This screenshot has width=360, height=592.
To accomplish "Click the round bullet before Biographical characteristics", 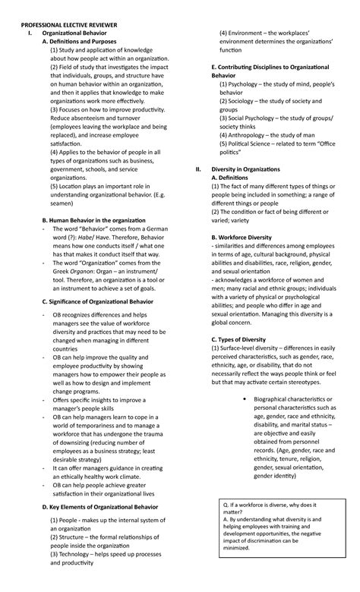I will [241, 398].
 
